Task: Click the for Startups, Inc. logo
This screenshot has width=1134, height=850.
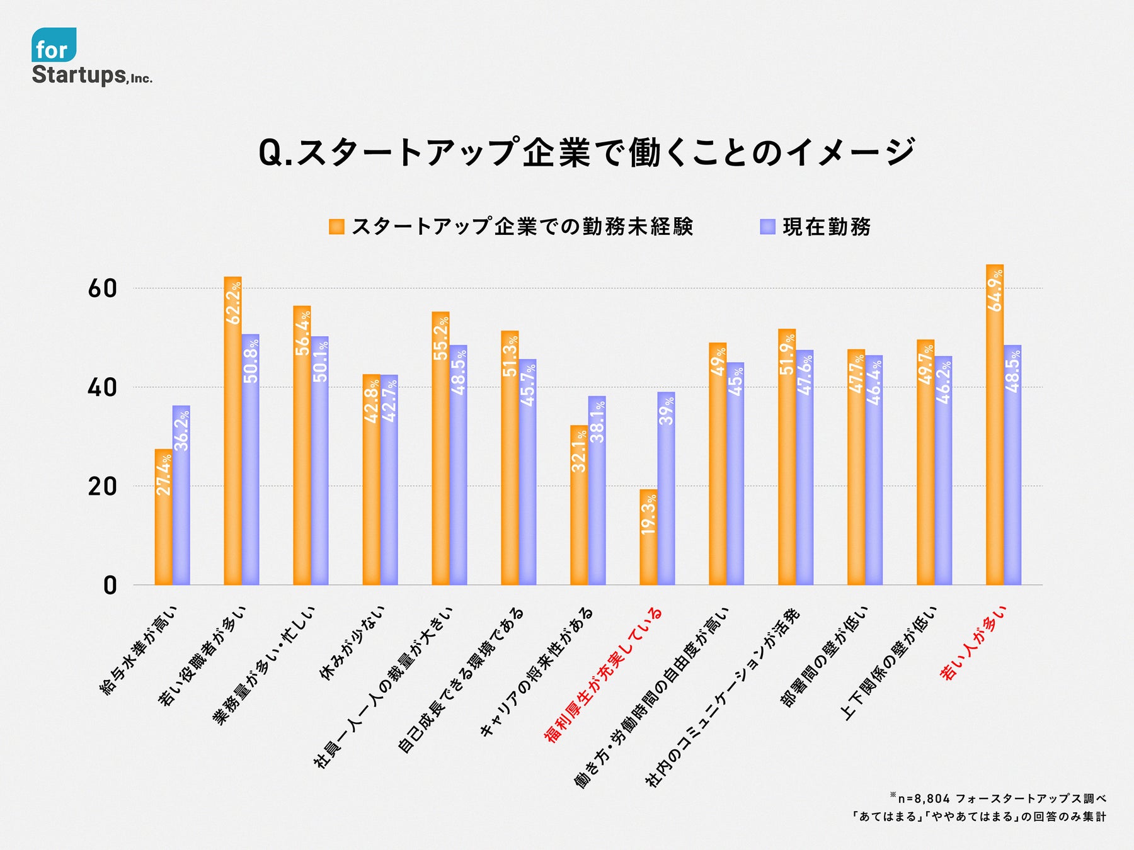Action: point(91,57)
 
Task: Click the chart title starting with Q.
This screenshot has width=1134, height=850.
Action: point(586,153)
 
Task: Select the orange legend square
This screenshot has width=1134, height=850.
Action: point(336,227)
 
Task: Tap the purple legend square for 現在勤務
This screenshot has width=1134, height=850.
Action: point(767,227)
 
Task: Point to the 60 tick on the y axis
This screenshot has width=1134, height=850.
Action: point(102,289)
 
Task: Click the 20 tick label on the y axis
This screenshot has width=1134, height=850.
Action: point(102,487)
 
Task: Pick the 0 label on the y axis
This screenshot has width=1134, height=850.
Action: point(110,586)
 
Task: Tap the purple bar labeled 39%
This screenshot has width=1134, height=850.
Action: point(666,491)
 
